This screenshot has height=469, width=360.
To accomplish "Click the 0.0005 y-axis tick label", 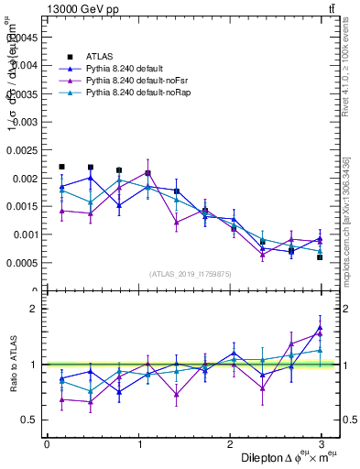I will [x=24, y=263].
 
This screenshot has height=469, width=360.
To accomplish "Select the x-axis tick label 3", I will [x=322, y=443].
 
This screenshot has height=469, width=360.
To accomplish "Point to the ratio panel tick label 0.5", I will [x=29, y=420].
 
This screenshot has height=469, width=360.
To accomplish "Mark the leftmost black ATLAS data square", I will [x=61, y=167].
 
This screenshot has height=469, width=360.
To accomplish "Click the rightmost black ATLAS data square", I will [x=321, y=257].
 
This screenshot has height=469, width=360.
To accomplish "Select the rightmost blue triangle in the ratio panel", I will [x=321, y=327].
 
